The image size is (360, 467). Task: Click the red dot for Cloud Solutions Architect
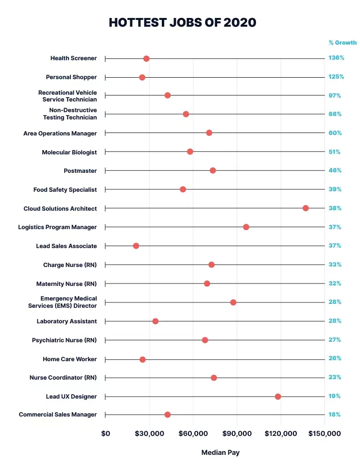[306, 208]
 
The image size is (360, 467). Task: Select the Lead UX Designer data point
[278, 397]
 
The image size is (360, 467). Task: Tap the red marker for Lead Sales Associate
[136, 246]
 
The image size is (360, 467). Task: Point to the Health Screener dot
[146, 59]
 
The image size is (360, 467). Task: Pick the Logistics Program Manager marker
[246, 227]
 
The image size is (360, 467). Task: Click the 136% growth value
[336, 58]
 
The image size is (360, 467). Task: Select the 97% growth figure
[335, 96]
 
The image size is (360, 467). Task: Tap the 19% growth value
[334, 396]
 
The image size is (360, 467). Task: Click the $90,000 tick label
[237, 434]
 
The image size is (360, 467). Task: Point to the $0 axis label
[105, 434]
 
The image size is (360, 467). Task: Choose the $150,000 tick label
[325, 434]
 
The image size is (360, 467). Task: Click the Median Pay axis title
[221, 453]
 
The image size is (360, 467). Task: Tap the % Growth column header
[343, 43]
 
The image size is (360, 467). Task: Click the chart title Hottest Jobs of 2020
[182, 23]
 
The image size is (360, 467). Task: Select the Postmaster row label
[80, 171]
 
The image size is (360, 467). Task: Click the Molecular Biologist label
[69, 152]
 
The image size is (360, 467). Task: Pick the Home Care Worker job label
[70, 359]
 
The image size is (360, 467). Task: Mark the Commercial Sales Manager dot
[168, 415]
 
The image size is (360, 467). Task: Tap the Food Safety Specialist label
[65, 190]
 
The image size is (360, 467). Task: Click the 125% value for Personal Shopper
[336, 77]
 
